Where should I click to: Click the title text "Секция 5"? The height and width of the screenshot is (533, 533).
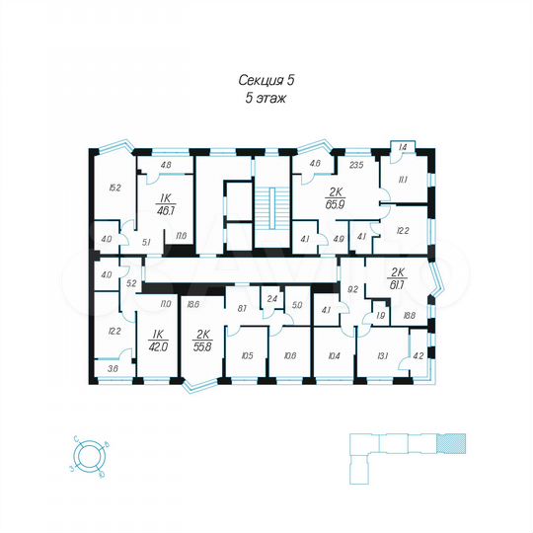tap(266, 81)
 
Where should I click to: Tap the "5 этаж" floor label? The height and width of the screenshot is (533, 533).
tap(266, 99)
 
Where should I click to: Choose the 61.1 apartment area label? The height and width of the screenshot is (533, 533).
tap(399, 283)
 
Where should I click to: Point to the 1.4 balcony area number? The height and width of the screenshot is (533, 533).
tap(402, 146)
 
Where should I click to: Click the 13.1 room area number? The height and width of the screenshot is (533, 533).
tap(381, 356)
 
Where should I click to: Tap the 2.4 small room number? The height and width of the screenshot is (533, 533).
tap(270, 297)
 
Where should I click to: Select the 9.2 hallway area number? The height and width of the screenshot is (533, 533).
tap(352, 289)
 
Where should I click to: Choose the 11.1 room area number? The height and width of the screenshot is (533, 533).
tap(404, 181)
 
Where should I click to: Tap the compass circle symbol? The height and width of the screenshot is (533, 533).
tap(90, 457)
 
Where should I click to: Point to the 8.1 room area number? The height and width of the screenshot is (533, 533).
tap(242, 308)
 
